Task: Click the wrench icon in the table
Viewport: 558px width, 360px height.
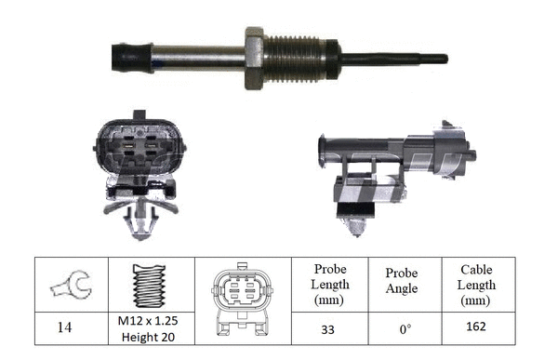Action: point(70,285)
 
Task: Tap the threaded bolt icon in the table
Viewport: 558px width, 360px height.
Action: point(152,285)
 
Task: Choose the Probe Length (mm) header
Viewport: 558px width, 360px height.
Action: point(330,284)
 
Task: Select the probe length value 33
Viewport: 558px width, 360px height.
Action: point(330,328)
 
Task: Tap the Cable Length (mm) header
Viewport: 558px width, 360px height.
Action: point(476,284)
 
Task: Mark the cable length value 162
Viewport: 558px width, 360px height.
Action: point(476,328)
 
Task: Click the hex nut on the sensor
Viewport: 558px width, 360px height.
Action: point(256,58)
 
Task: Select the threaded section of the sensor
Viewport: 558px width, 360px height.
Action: point(299,58)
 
